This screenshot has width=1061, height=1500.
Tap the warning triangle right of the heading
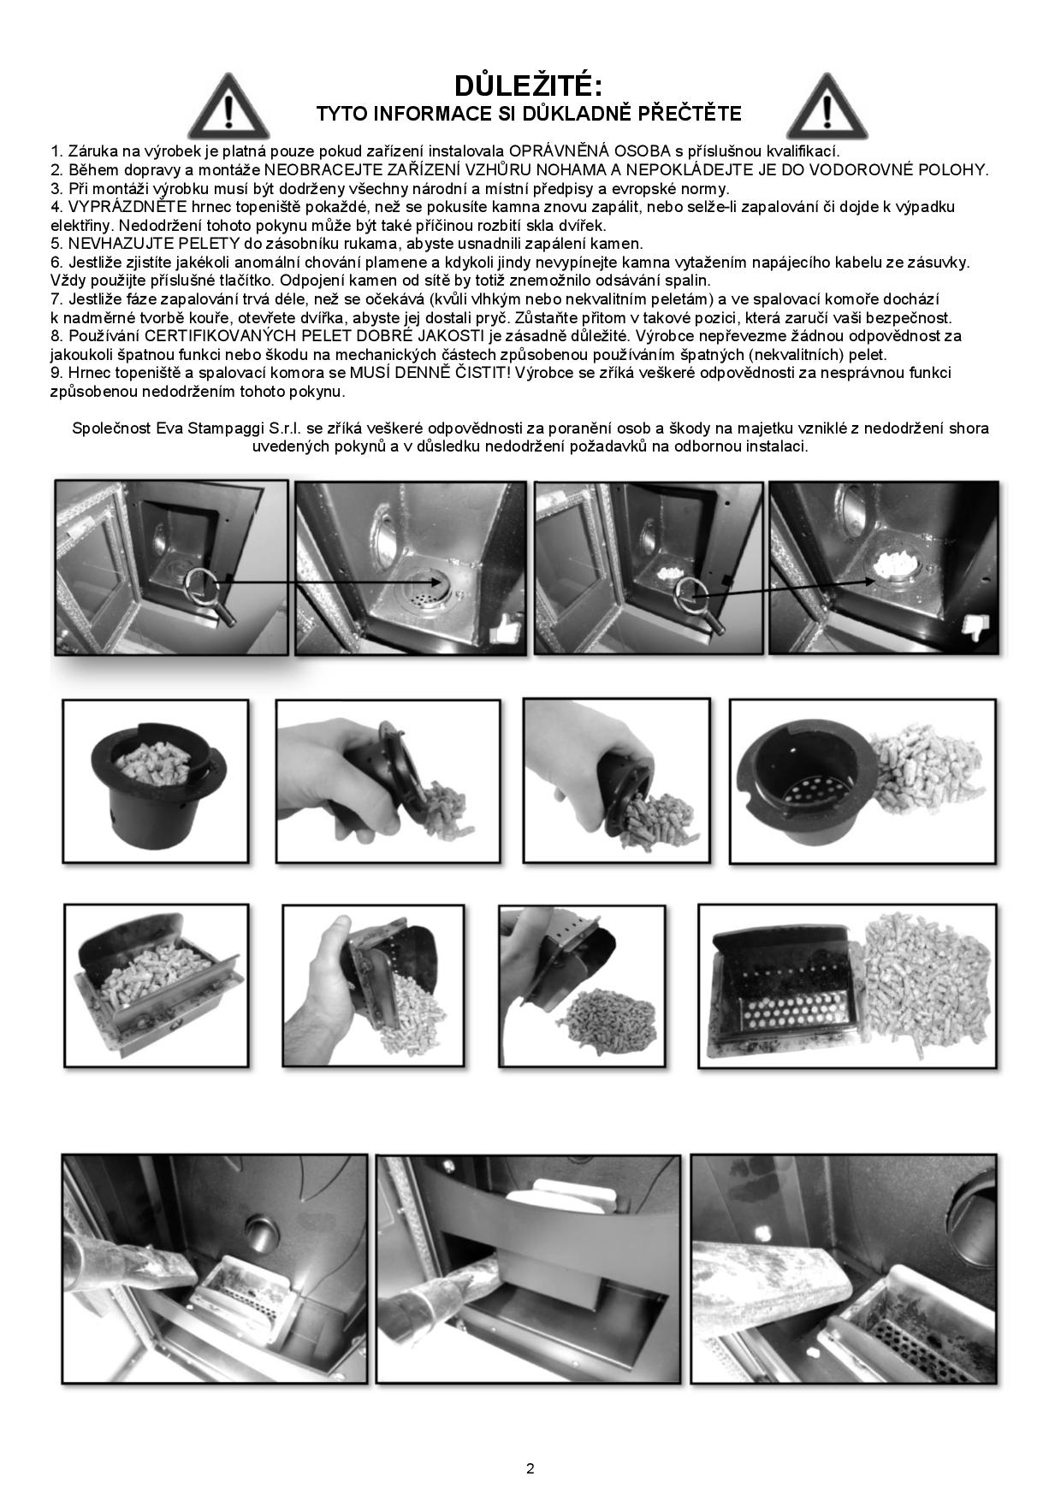pyautogui.click(x=827, y=108)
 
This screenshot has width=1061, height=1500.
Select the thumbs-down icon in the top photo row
pyautogui.click(x=975, y=629)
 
